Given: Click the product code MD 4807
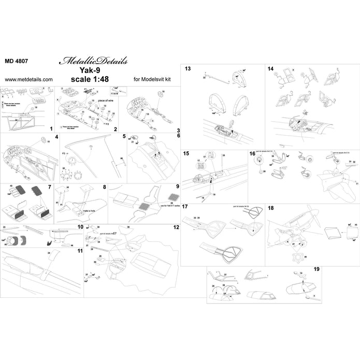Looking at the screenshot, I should pyautogui.click(x=17, y=60).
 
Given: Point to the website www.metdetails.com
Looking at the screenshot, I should pyautogui.click(x=28, y=80).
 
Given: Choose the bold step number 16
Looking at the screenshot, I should pyautogui.click(x=252, y=154).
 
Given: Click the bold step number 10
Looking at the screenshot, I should pyautogui.click(x=79, y=227).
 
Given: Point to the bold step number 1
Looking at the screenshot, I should pyautogui.click(x=51, y=127).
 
